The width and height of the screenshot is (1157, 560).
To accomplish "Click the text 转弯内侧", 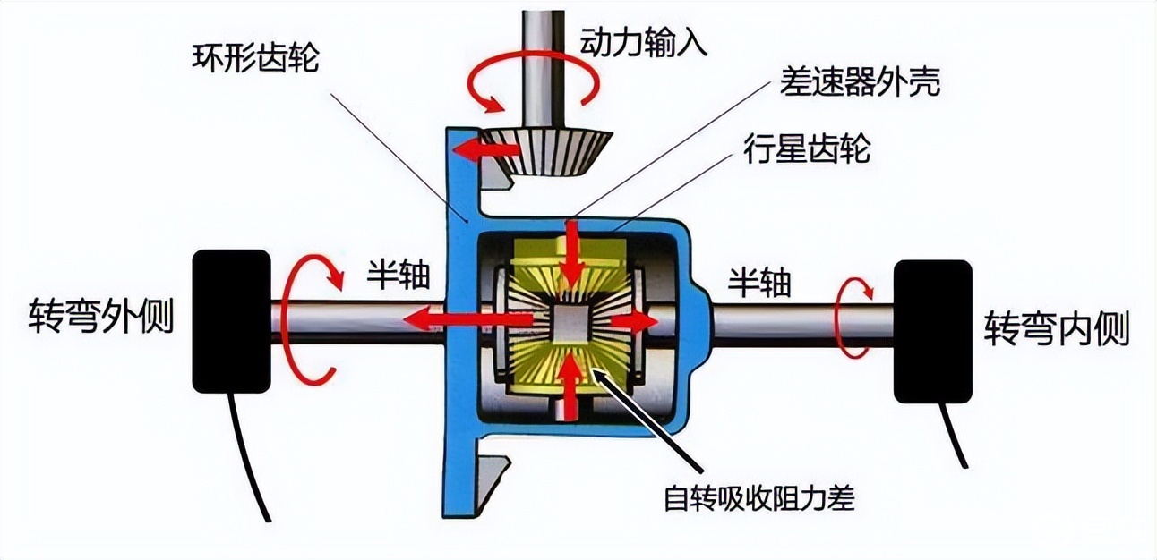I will click(1057, 329).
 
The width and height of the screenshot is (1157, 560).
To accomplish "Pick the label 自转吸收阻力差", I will click(758, 497).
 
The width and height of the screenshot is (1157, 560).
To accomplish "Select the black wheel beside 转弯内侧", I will click(932, 331).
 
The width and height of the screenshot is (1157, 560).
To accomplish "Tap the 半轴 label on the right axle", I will click(758, 284).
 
